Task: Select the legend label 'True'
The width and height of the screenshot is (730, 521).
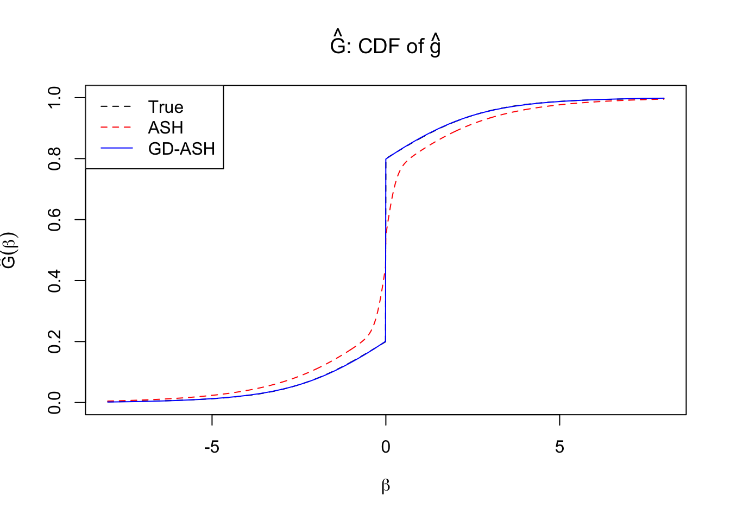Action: [x=166, y=107]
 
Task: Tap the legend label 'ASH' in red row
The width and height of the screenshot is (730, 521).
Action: [x=166, y=128]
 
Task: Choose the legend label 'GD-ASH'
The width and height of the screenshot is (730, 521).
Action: [x=181, y=149]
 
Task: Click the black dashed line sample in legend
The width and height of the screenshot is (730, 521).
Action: [x=116, y=107]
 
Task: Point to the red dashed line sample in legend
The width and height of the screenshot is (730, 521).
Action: [x=116, y=128]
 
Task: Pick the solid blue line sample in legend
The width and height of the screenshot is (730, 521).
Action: [x=116, y=148]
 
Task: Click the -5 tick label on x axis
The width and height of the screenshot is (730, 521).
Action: [x=211, y=447]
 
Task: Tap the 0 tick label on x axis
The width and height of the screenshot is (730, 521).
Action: [x=386, y=447]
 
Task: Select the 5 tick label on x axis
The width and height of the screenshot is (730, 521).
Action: [x=559, y=447]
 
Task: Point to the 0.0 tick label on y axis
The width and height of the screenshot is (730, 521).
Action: [x=55, y=403]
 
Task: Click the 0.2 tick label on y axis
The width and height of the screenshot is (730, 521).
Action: [x=55, y=341]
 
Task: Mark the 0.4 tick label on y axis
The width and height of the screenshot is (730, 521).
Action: [x=55, y=281]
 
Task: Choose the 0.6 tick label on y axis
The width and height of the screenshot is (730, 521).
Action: [x=55, y=219]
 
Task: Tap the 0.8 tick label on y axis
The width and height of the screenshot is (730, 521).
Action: [x=55, y=158]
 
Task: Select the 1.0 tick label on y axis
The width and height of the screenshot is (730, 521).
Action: [x=55, y=98]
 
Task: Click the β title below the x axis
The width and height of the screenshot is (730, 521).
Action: [x=386, y=486]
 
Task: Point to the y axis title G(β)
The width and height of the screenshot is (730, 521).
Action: [x=10, y=250]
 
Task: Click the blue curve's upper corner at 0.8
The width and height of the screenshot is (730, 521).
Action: [x=386, y=158]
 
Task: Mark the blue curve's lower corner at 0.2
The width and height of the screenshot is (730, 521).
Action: [x=386, y=341]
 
